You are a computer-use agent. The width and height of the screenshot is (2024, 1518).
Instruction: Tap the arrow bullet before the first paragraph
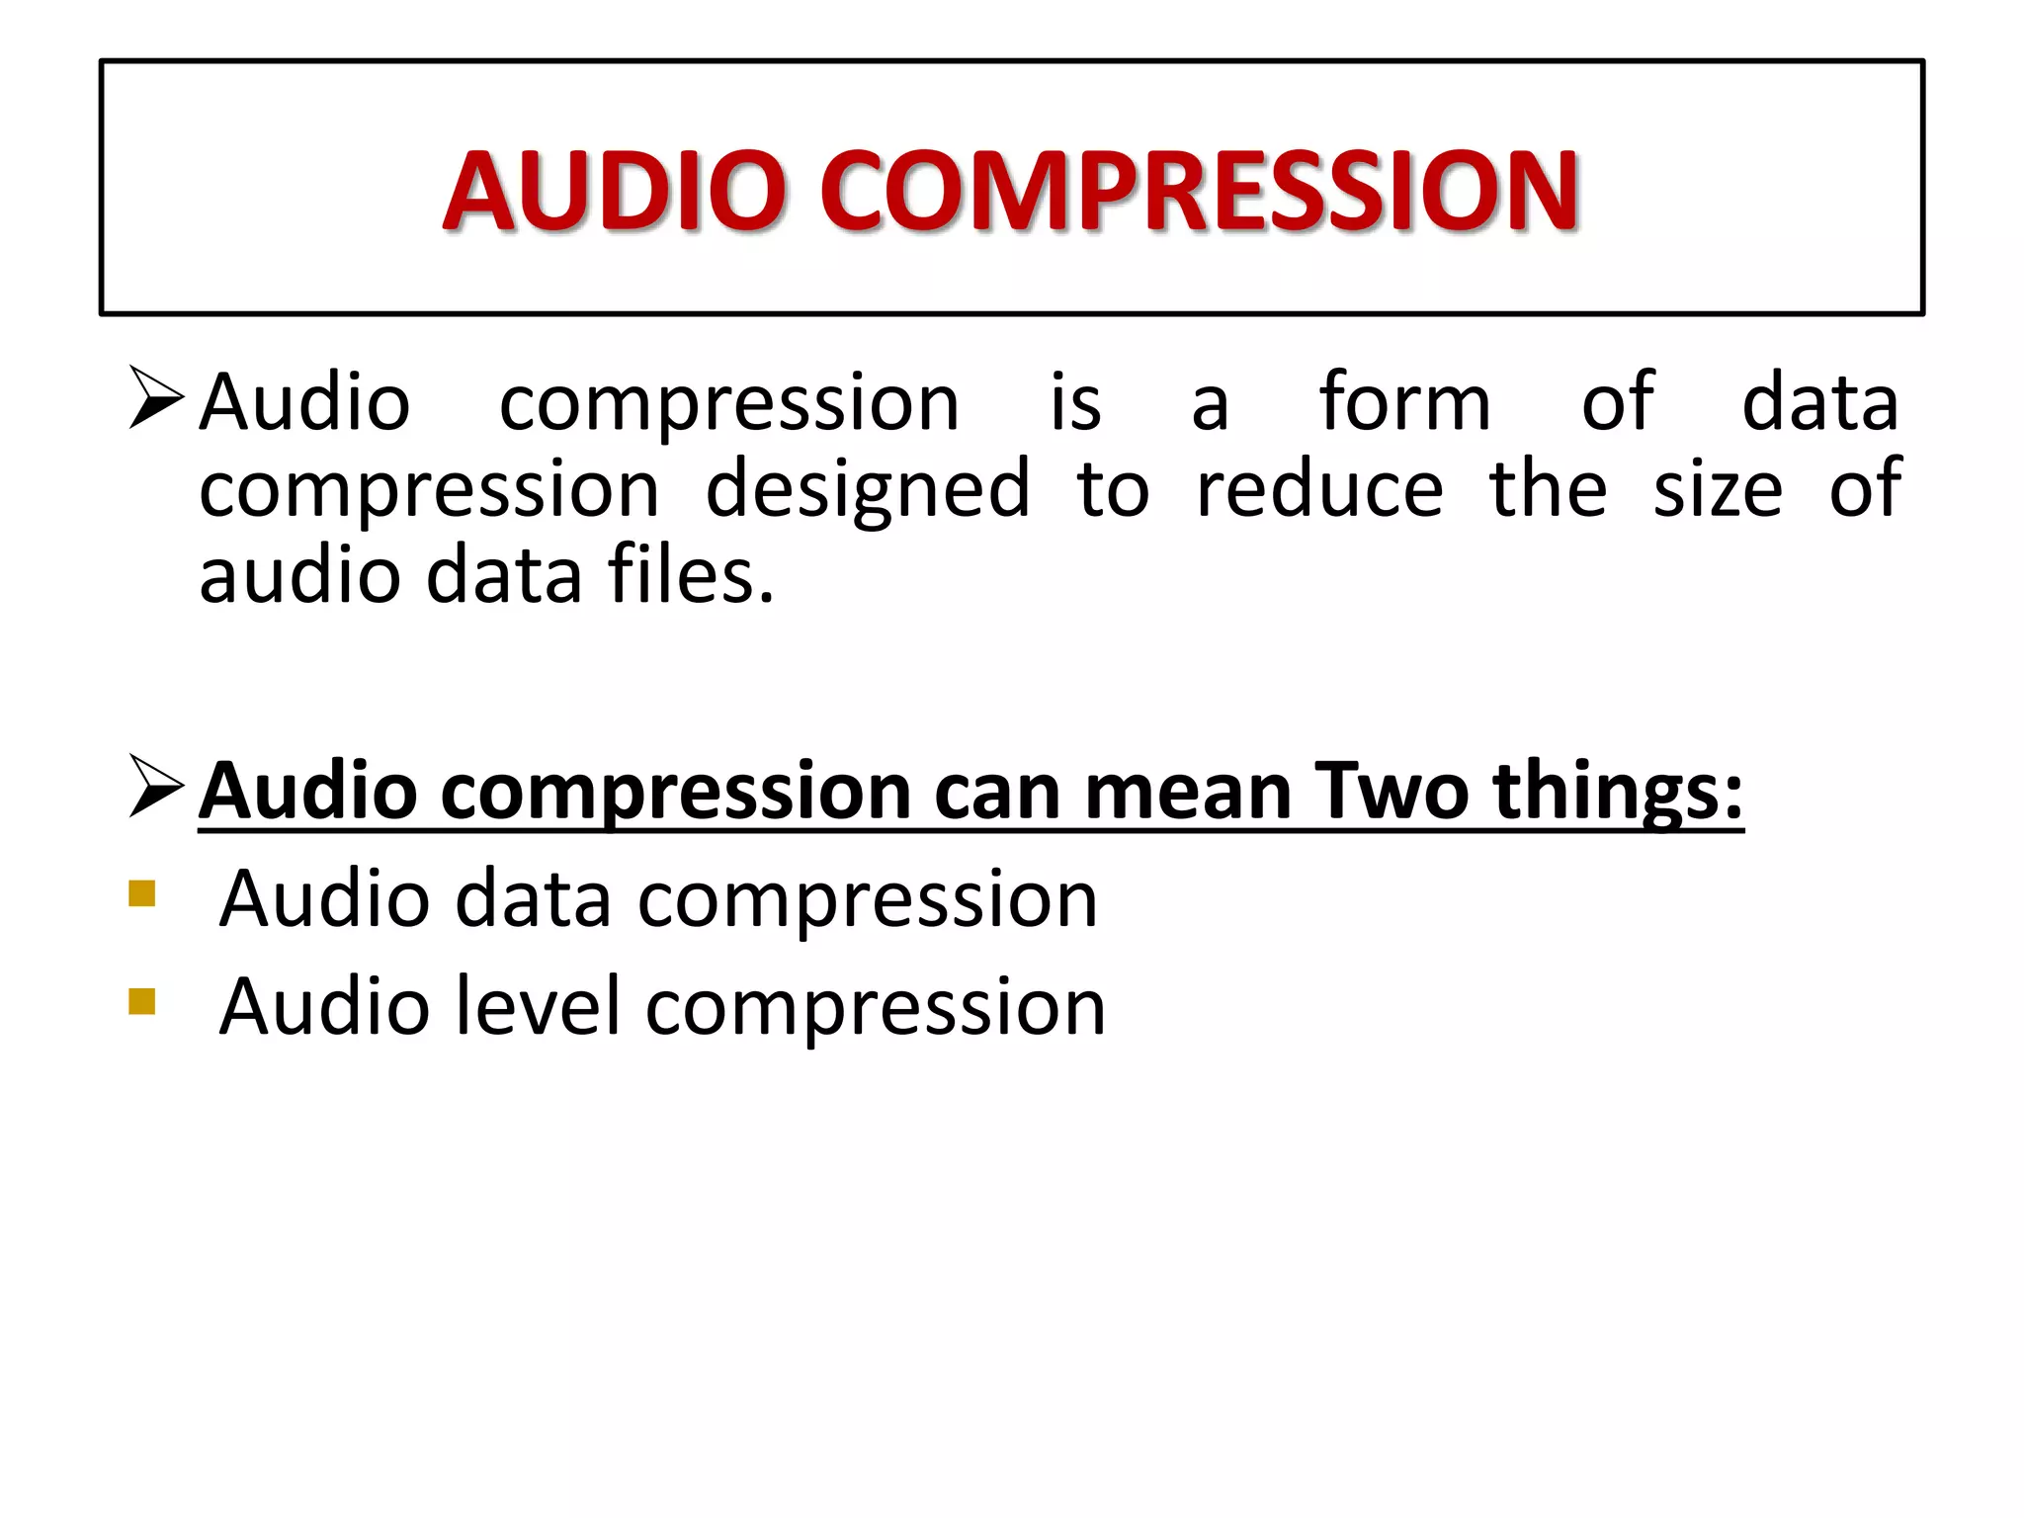click(156, 397)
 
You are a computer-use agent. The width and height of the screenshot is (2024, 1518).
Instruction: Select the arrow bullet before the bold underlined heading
click(156, 787)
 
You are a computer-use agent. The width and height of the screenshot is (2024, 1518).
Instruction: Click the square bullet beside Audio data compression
click(142, 893)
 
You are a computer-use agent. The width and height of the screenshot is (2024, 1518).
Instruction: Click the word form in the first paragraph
click(1404, 402)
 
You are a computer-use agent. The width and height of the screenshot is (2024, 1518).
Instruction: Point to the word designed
click(868, 488)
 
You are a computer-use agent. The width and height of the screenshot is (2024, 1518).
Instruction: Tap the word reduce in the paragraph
click(1319, 488)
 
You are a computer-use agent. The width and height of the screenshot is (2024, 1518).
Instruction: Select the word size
click(1718, 488)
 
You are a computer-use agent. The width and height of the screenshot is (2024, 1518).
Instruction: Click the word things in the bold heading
click(1617, 791)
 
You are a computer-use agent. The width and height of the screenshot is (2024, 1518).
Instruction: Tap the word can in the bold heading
click(998, 791)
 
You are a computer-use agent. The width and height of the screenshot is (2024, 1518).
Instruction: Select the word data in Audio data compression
click(534, 898)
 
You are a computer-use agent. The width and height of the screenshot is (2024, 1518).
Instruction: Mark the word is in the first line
click(1075, 402)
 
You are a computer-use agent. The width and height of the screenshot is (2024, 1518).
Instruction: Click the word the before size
click(1549, 488)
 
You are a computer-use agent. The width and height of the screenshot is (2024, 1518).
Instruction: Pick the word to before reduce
click(1114, 488)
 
